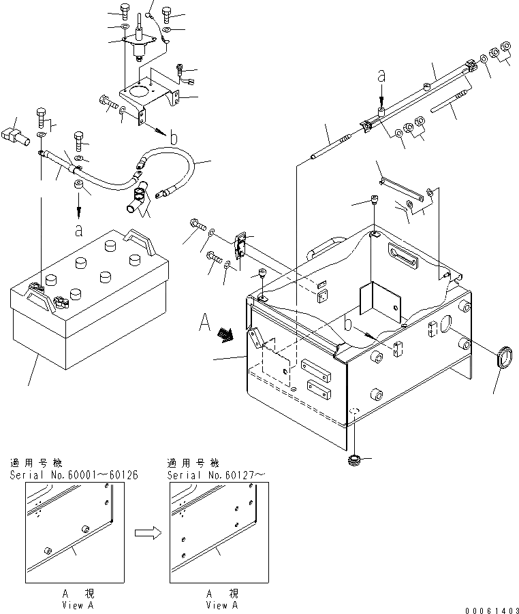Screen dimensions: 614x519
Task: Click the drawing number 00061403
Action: [490, 608]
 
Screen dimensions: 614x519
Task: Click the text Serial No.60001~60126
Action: [74, 474]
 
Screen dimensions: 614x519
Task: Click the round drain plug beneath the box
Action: [353, 461]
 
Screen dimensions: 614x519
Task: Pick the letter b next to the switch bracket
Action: [174, 138]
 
